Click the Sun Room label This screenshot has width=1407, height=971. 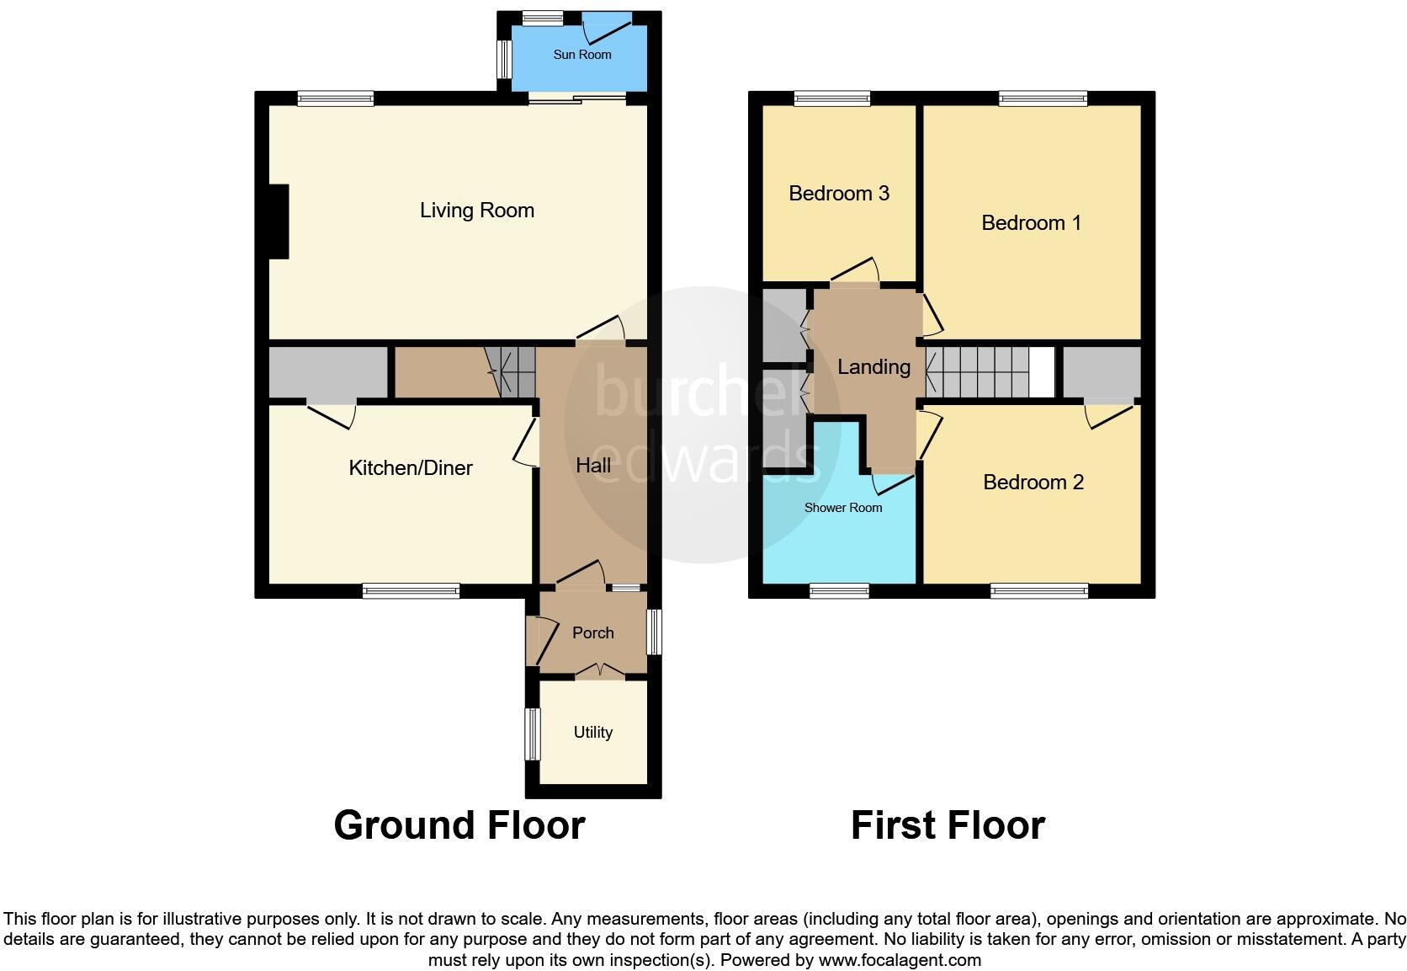(581, 55)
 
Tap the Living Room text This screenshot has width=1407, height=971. (477, 211)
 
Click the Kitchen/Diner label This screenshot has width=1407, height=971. (411, 468)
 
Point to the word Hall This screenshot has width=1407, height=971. (593, 465)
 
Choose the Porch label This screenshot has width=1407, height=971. (592, 633)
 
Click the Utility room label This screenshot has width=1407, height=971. (592, 733)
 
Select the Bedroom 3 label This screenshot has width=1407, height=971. (838, 194)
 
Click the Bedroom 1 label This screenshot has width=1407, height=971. (1031, 223)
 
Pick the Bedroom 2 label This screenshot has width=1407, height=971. (1033, 483)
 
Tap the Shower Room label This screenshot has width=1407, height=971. (842, 508)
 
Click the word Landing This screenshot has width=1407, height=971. (873, 367)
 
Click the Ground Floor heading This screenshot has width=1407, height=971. (459, 825)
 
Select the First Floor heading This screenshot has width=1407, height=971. (948, 825)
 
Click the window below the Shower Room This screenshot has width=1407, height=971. (839, 591)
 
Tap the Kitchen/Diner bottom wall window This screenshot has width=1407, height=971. (411, 591)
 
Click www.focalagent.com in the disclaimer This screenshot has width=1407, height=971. (900, 960)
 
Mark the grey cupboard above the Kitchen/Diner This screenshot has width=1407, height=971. (327, 371)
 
